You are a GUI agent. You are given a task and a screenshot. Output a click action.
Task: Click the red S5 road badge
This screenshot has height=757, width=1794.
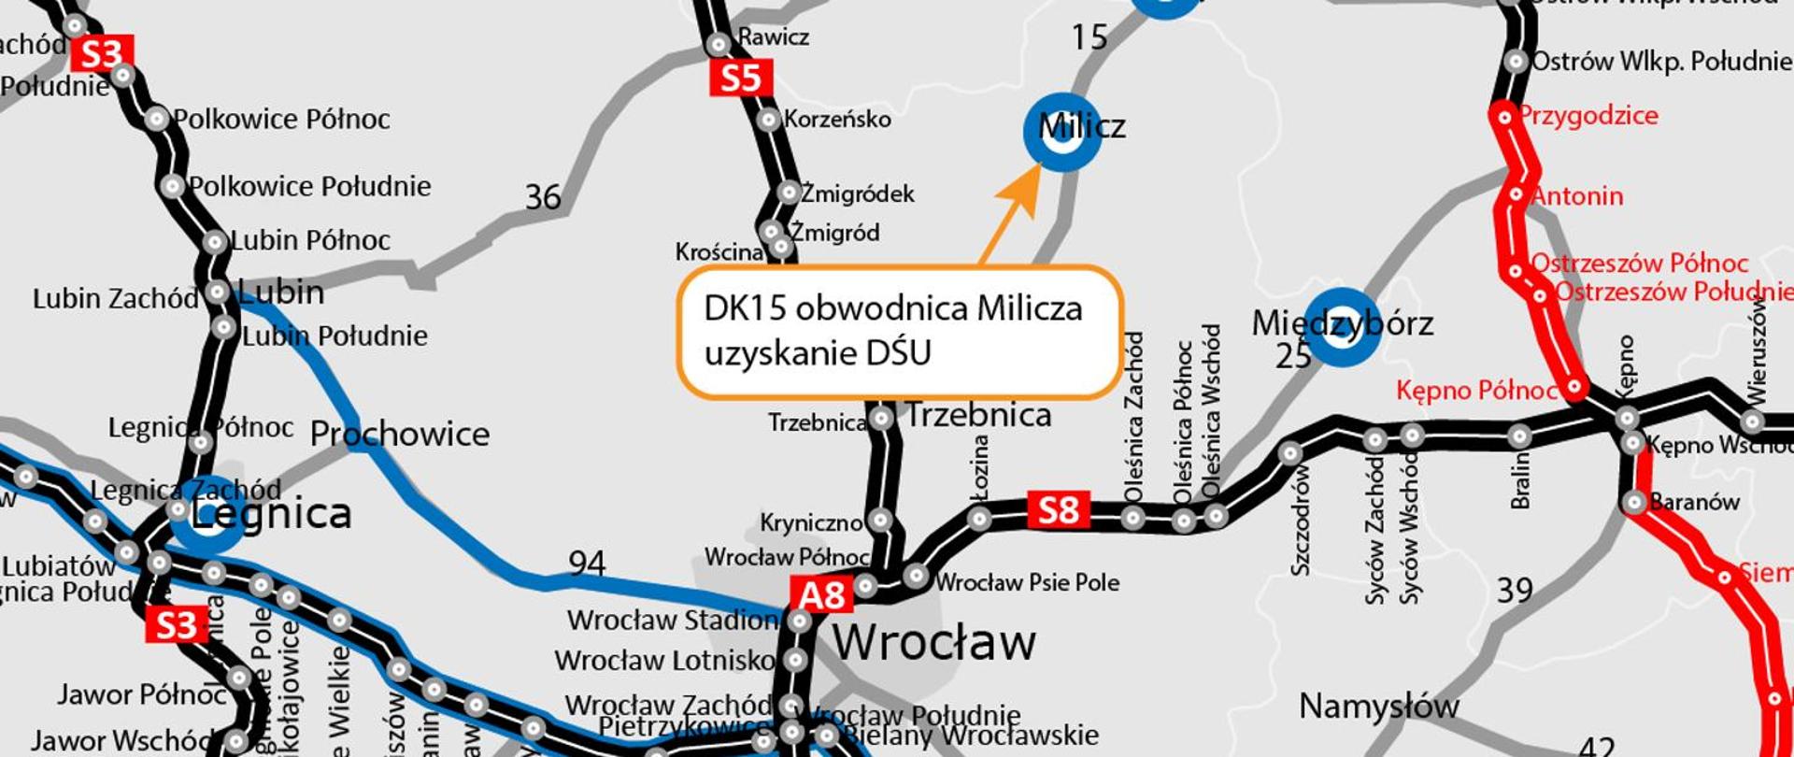(x=740, y=79)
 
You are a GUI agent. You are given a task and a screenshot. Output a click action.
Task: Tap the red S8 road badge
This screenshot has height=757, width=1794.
(x=1058, y=510)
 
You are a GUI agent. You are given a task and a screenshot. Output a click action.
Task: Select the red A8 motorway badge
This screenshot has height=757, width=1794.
(x=822, y=595)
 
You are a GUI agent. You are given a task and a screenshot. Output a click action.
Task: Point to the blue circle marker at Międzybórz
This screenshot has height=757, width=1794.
(x=1342, y=328)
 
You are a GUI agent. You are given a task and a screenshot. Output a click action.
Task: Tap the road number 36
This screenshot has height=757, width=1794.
(x=543, y=197)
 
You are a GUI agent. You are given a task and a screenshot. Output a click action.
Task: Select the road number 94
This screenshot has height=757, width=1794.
(x=587, y=564)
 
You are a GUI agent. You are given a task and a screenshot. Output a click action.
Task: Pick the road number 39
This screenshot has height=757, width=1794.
(x=1515, y=591)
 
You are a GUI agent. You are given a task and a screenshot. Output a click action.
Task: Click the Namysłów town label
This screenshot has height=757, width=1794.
(x=1378, y=707)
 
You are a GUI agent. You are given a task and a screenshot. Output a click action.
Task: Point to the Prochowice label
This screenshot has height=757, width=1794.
(x=400, y=434)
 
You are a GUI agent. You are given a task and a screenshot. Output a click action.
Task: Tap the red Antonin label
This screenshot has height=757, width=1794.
(x=1578, y=196)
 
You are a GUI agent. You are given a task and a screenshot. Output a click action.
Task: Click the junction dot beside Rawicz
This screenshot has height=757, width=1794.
(x=719, y=44)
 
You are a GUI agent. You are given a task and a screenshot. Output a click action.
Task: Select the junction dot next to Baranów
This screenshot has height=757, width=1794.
(x=1633, y=502)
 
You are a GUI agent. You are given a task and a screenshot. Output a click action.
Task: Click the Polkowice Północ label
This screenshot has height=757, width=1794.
(x=281, y=120)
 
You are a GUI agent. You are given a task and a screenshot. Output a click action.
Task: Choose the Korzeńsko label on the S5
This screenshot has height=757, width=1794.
(x=837, y=120)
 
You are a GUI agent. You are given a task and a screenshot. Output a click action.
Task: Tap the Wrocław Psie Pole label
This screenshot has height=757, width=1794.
(x=1027, y=582)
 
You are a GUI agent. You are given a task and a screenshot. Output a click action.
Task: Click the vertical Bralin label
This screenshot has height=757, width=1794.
(x=1520, y=479)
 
